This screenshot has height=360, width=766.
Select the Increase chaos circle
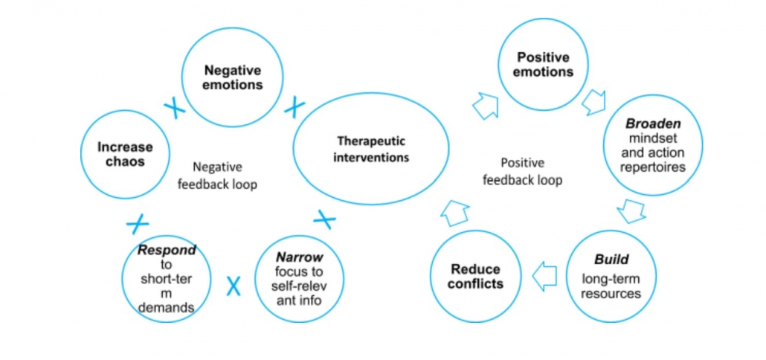coord(124,155)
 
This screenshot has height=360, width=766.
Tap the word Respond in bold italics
coord(167,250)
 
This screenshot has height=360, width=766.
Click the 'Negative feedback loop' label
coord(216,176)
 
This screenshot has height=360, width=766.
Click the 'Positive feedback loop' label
coord(522,171)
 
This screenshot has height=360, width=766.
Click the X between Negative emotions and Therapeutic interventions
coord(295,108)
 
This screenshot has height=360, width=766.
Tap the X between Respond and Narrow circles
coord(234,284)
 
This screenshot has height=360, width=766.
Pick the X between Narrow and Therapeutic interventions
coord(325,219)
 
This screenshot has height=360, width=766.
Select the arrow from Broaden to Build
coord(631,211)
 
